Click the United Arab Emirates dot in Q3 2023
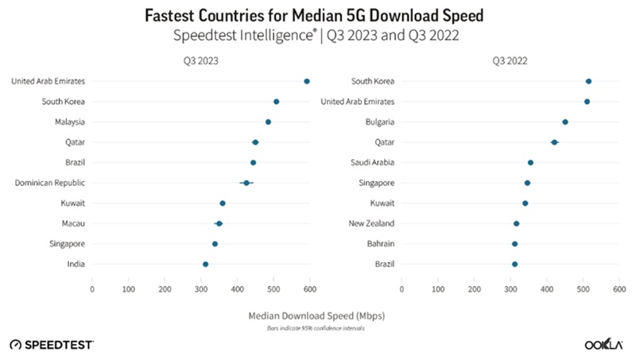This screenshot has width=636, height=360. click(x=307, y=81)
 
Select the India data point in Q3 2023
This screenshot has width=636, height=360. click(x=206, y=264)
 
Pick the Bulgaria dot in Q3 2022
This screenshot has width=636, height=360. click(x=565, y=122)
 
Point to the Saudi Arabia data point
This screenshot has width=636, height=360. click(x=530, y=162)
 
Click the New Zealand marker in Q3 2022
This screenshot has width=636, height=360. click(x=517, y=223)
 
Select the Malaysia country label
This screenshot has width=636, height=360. click(x=69, y=122)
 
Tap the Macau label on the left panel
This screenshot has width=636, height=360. click(x=74, y=223)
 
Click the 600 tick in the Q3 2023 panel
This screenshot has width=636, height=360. click(x=310, y=289)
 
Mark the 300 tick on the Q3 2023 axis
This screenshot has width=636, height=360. click(x=201, y=289)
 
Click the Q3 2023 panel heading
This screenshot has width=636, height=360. click(x=200, y=59)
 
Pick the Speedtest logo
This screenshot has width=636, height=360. click(x=52, y=344)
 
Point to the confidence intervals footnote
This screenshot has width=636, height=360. click(x=318, y=327)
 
